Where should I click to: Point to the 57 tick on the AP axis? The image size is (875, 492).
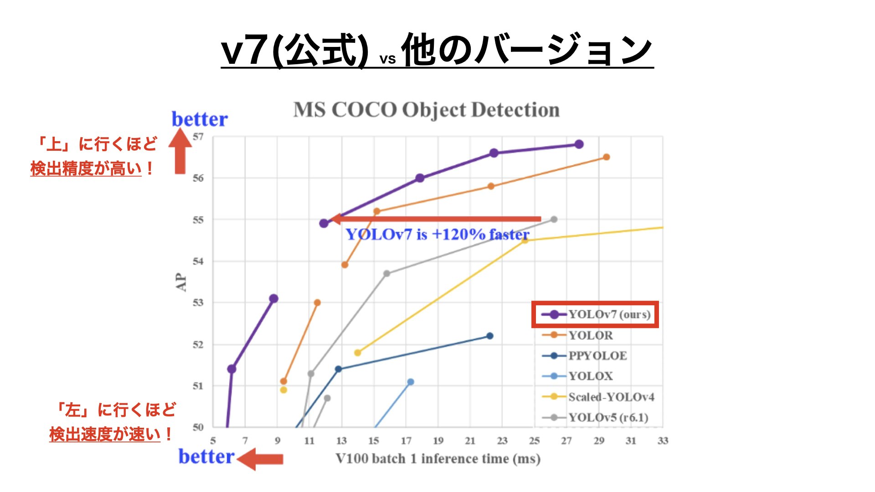(198, 137)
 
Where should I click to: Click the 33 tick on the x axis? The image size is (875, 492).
(663, 441)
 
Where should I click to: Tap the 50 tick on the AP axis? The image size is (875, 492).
(198, 427)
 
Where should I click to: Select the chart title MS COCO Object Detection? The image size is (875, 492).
(426, 110)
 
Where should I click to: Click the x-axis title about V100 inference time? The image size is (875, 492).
(438, 458)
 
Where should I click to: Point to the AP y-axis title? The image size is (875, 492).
(181, 282)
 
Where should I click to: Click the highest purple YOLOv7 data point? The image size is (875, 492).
(579, 144)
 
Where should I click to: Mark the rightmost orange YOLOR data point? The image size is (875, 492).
(606, 157)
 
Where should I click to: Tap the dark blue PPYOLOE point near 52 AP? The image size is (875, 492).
(490, 336)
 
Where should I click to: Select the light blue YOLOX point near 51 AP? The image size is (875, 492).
(411, 382)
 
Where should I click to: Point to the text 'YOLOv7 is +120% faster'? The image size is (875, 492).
(437, 235)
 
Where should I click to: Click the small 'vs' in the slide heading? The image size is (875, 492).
(387, 59)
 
